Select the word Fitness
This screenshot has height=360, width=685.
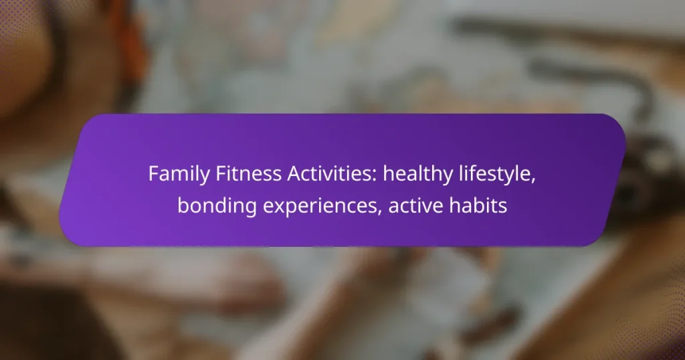tap(248, 173)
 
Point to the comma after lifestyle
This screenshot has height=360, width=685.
tap(533, 181)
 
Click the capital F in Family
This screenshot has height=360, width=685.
tap(154, 174)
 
